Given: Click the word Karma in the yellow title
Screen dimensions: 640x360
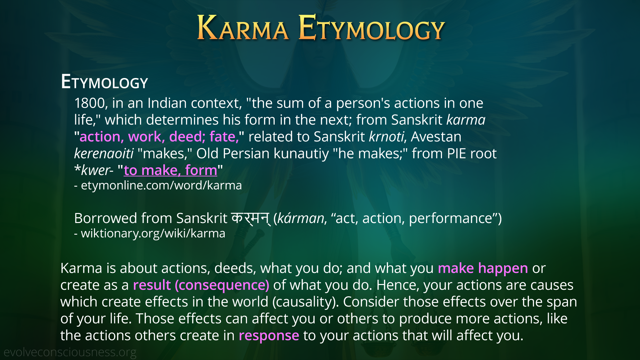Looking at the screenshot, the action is [x=243, y=28].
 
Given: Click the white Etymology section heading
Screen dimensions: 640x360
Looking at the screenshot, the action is [x=104, y=82].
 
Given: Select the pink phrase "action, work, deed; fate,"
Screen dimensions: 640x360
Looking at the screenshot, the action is [x=159, y=137].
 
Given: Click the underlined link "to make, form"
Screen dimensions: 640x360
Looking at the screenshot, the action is [x=170, y=170].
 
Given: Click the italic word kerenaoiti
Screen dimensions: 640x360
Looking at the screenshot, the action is [x=104, y=153].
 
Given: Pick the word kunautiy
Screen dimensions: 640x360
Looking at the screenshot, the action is [x=301, y=153].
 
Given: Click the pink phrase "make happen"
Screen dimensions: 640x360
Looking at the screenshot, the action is [x=483, y=268].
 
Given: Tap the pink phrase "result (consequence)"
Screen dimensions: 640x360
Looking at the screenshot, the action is [x=201, y=285].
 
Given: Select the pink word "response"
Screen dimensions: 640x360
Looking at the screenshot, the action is [x=269, y=336].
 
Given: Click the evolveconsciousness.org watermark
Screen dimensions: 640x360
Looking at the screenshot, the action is [x=70, y=352].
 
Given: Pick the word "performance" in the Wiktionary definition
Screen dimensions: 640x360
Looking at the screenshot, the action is [x=450, y=218].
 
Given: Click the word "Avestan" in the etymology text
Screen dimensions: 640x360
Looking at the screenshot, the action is [x=436, y=137].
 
